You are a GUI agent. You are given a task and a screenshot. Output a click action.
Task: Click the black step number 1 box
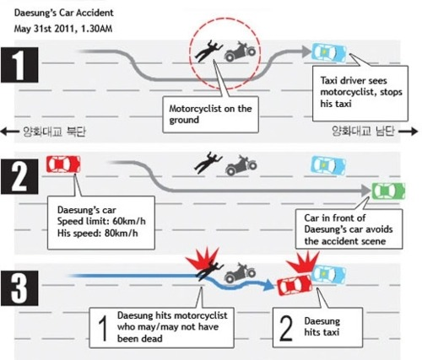coord(19,65)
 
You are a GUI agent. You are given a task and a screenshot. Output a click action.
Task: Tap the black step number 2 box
coord(19,176)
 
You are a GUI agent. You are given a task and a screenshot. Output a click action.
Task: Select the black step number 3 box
coord(19,288)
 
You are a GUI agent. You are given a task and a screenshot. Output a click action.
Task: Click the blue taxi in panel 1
coord(329,52)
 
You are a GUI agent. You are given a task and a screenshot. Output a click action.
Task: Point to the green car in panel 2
coord(388,191)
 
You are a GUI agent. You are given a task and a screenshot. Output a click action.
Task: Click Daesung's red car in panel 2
coord(63,164)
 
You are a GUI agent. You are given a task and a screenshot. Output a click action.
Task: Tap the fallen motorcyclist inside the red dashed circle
coord(208,51)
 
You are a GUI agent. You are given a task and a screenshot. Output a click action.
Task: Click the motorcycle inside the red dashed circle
coord(240,51)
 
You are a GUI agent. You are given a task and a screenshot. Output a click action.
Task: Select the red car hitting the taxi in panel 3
coord(295,285)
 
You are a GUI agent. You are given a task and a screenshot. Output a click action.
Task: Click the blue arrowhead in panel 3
coord(268,285)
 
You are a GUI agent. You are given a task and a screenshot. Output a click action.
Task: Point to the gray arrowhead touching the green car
coord(366,191)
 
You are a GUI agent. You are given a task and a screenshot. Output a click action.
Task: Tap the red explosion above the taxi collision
coord(303,262)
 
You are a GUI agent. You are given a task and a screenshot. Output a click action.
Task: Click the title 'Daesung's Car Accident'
coord(64,13)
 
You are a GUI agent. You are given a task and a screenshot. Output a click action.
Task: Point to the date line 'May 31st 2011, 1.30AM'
coord(63,29)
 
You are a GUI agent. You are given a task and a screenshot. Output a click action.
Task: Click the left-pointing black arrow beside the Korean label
coord(9,131)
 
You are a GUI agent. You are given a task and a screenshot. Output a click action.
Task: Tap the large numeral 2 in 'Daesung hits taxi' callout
coord(286,328)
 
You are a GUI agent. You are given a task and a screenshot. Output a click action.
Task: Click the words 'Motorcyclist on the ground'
coord(210,115)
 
